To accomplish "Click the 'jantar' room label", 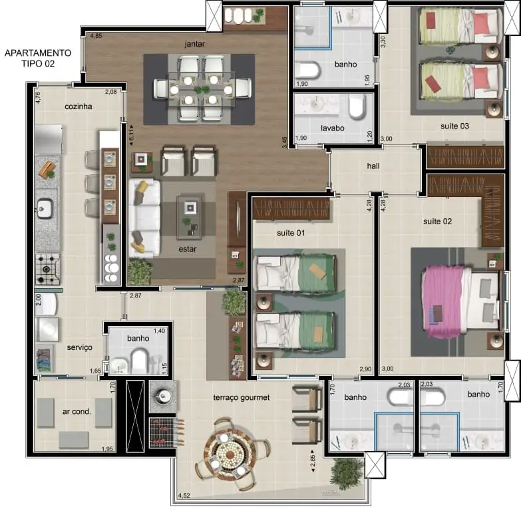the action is pyautogui.click(x=195, y=44).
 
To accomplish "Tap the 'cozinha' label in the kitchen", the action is pyautogui.click(x=79, y=106).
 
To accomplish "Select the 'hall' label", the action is pyautogui.click(x=373, y=166).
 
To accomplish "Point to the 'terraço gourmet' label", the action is pyautogui.click(x=242, y=397).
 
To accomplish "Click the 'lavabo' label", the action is pyautogui.click(x=332, y=128).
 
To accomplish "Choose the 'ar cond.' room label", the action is pyautogui.click(x=77, y=411).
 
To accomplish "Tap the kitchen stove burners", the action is pyautogui.click(x=48, y=269).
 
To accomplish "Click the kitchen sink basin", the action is pyautogui.click(x=45, y=208).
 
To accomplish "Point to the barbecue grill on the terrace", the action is pyautogui.click(x=162, y=432).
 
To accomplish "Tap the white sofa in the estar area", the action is pyautogui.click(x=144, y=218).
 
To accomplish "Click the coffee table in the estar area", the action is pyautogui.click(x=190, y=217).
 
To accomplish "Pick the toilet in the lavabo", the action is pyautogui.click(x=357, y=106).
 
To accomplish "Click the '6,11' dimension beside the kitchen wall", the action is pyautogui.click(x=132, y=135).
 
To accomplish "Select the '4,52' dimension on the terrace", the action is pyautogui.click(x=184, y=496).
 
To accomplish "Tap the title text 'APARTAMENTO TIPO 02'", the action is pyautogui.click(x=38, y=58).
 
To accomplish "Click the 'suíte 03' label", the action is pyautogui.click(x=454, y=126).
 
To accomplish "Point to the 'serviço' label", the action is pyautogui.click(x=79, y=347).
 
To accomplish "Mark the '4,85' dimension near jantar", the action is pyautogui.click(x=96, y=35).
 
